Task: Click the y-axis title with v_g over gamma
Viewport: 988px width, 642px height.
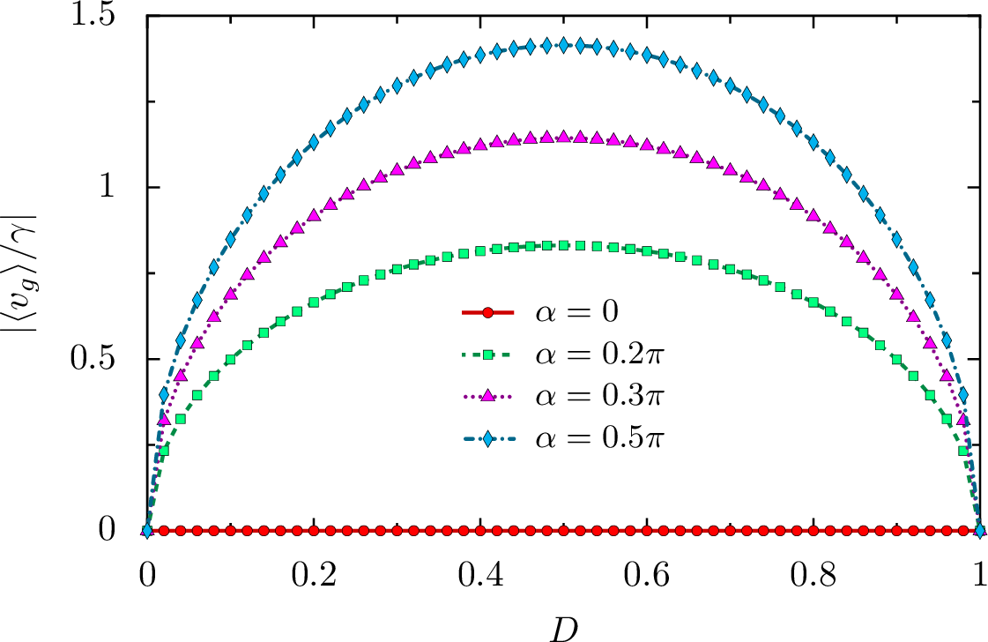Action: pos(25,265)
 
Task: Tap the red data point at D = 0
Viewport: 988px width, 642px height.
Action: pos(147,530)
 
